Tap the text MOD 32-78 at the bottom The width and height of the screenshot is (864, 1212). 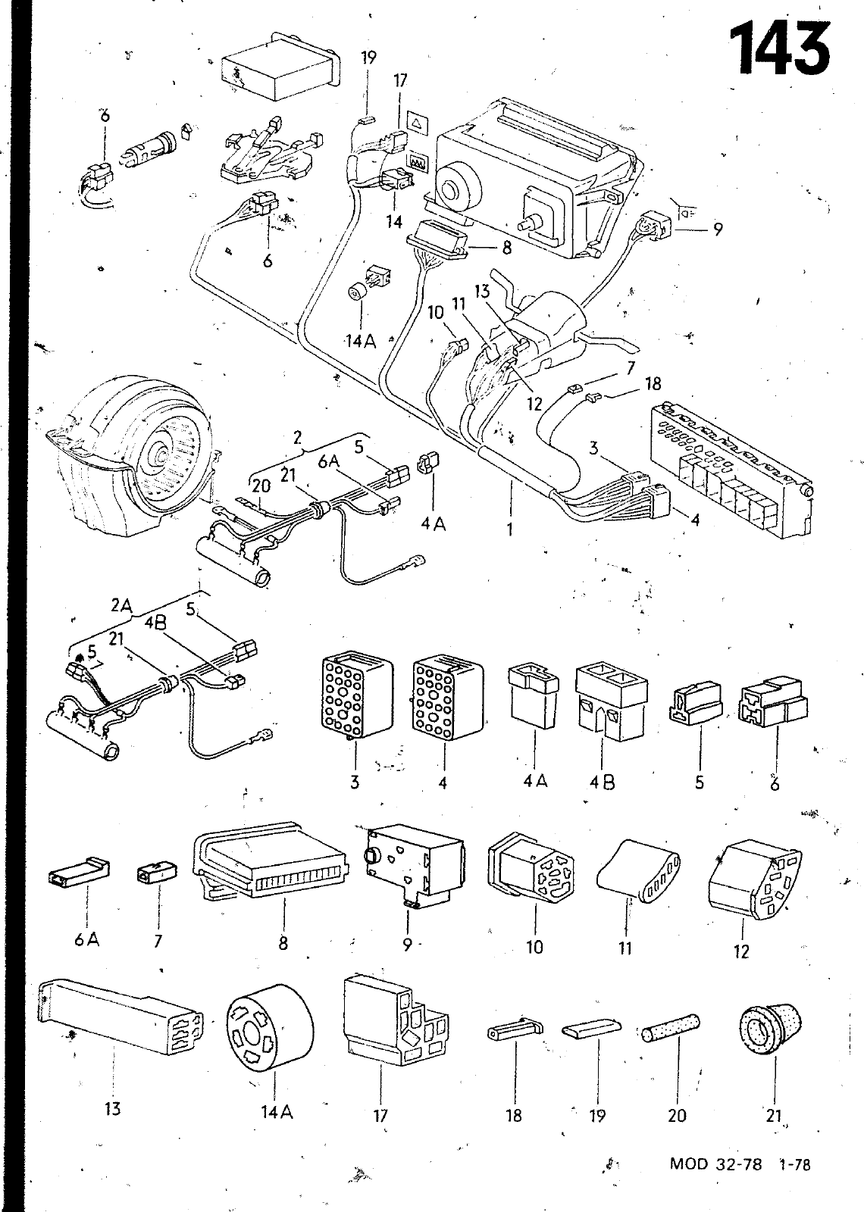[x=715, y=1164]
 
